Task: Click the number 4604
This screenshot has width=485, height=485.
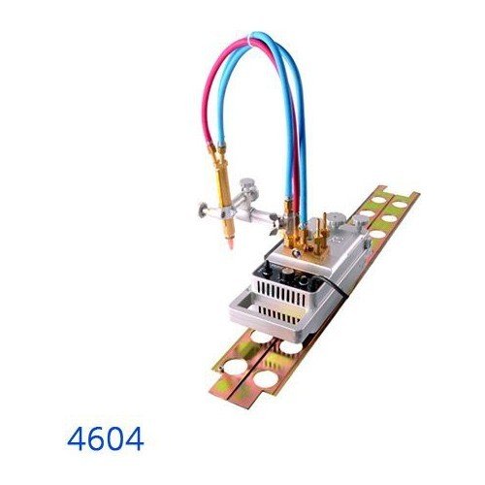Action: [x=107, y=439]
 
